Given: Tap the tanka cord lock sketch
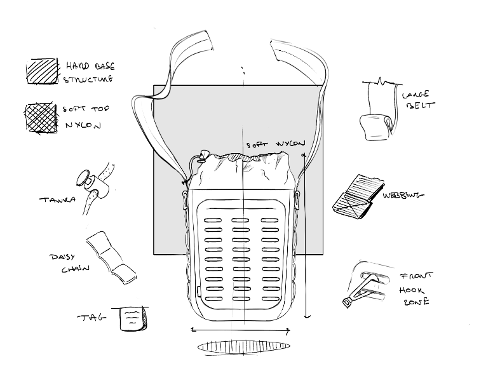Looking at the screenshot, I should tap(94, 182).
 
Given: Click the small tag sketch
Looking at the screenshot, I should tap(133, 318).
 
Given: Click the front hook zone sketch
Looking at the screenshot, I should tap(368, 285).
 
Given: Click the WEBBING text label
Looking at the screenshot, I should tap(403, 195).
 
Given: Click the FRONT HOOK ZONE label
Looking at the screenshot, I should tap(416, 289).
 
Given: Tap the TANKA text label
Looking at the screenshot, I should tap(57, 199).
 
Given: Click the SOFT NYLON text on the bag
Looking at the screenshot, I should tap(276, 144).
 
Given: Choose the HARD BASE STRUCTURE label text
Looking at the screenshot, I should tap(88, 72).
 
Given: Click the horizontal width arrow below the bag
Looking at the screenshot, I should tap(241, 330).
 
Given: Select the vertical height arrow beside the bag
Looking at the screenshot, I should tap(306, 235).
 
